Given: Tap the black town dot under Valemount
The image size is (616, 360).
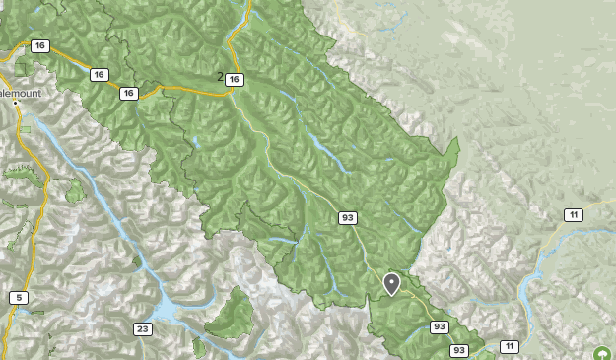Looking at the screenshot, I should tap(16, 103).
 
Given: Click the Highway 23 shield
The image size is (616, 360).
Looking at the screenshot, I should tap(144, 328).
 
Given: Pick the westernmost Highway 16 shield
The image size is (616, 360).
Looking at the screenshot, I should tap(39, 46).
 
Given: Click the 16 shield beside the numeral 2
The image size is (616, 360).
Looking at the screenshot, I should tap(233, 79).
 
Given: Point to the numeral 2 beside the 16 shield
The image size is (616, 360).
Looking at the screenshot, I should tap(220, 76).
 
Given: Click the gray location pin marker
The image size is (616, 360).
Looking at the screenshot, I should tap(391, 284).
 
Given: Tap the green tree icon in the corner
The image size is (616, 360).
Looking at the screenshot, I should tap(601, 353).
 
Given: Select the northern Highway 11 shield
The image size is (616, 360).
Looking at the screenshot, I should tap(574, 215).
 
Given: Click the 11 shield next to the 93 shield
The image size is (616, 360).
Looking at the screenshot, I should tap(509, 346).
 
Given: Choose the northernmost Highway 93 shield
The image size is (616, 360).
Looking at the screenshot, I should tap(347, 217).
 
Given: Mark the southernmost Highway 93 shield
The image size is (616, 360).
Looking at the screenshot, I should tap(459, 350).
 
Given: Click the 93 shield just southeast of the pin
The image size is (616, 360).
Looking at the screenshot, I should tap(440, 326).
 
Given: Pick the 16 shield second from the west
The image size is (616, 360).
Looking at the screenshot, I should tap(99, 74).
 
